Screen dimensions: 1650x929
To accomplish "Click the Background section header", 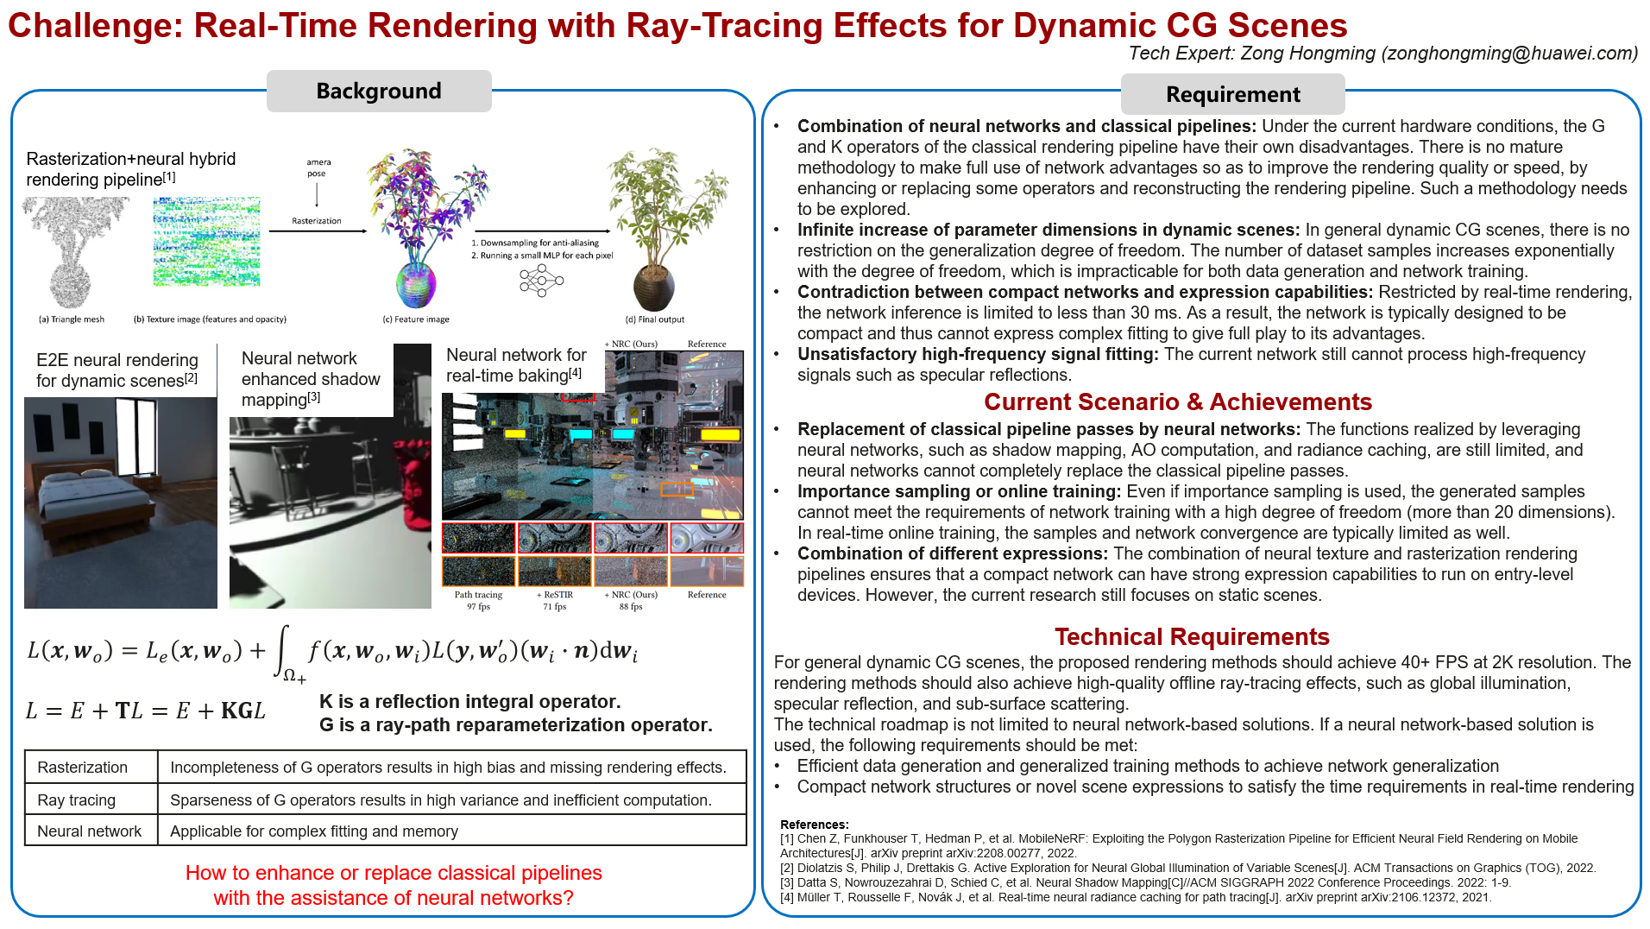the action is [x=379, y=91].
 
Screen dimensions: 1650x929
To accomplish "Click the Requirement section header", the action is [x=1232, y=94].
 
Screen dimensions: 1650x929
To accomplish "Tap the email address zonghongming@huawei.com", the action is [x=1509, y=54].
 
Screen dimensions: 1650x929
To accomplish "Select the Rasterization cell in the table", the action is [x=83, y=768].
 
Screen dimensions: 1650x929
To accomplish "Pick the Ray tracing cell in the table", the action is [x=77, y=800].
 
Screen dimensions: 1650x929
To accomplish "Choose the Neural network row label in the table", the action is [x=90, y=831].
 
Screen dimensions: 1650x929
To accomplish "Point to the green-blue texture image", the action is [x=206, y=242].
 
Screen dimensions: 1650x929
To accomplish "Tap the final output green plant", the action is [x=664, y=229].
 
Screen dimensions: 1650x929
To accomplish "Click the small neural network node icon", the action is [x=541, y=281].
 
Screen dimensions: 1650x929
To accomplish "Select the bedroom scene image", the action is [x=121, y=502].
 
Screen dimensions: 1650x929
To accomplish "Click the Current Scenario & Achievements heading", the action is [x=1177, y=402].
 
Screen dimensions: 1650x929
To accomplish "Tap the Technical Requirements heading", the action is [x=1192, y=637].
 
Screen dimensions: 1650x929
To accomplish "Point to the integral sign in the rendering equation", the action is [x=281, y=651].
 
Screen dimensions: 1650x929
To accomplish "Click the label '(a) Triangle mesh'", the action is [x=72, y=319].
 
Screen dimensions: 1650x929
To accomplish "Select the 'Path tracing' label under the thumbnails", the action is [x=478, y=595].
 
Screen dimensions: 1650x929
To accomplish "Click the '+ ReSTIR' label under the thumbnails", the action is [x=555, y=595].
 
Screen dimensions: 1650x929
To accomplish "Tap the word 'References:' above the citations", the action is [x=815, y=825].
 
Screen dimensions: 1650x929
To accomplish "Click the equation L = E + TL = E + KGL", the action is [x=146, y=711].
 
